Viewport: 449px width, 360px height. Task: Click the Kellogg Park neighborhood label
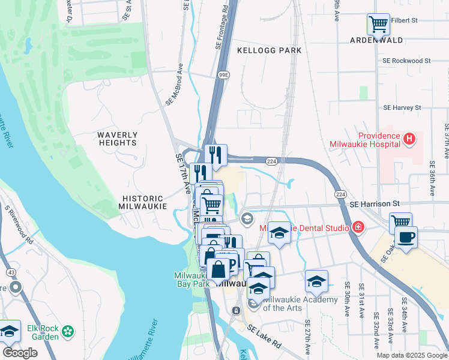pos(270,50)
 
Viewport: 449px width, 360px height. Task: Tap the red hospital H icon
pos(409,139)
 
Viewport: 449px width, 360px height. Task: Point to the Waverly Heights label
pos(118,139)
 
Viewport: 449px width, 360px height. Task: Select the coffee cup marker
pos(406,238)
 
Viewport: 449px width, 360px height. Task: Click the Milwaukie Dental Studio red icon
pos(358,227)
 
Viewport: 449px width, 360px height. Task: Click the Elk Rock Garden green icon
pos(68,331)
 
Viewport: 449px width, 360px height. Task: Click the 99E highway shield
pos(224,75)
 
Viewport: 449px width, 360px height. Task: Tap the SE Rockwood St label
pos(406,61)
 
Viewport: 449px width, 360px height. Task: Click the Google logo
pos(20,353)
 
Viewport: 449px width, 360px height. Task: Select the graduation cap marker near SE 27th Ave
pos(316,280)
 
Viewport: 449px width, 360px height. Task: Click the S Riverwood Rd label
pos(17,225)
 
